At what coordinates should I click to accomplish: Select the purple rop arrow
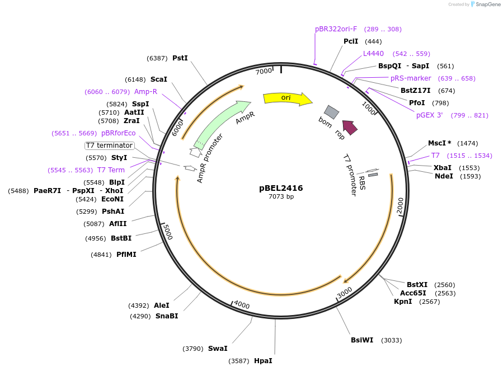click(x=350, y=128)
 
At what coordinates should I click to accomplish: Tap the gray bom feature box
click(x=332, y=112)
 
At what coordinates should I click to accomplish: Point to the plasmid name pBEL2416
click(x=281, y=188)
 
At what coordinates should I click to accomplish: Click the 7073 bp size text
click(x=281, y=196)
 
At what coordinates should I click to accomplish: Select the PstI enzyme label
click(x=180, y=58)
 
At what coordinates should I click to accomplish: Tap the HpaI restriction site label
click(x=263, y=361)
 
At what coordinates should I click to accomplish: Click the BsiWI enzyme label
click(x=362, y=340)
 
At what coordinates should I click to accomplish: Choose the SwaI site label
click(x=218, y=349)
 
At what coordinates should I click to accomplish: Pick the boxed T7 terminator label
click(x=110, y=145)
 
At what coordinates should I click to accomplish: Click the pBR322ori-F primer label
click(x=336, y=29)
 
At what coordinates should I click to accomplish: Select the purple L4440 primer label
click(x=373, y=54)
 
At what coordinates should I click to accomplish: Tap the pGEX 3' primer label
click(x=430, y=115)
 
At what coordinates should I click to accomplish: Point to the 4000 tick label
click(x=242, y=304)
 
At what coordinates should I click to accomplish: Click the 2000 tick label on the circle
click(x=400, y=205)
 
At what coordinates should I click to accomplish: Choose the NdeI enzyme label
click(x=444, y=176)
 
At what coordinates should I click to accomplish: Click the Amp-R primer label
click(x=145, y=92)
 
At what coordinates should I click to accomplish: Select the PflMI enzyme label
click(x=126, y=255)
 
